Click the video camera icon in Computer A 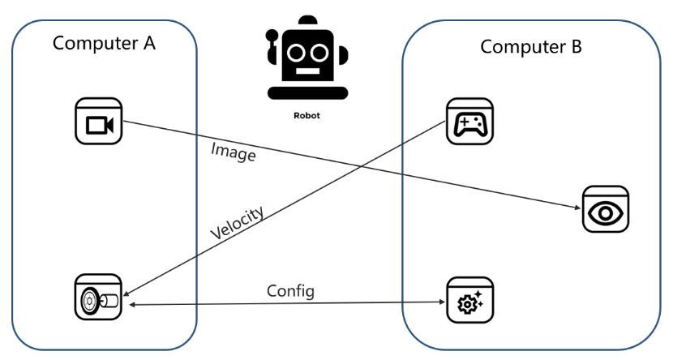tap(99, 121)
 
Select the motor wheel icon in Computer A tap(98, 297)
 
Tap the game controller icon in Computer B tap(470, 122)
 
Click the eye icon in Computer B tap(606, 209)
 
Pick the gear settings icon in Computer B tap(470, 300)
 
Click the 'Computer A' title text tap(104, 43)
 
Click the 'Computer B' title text tap(531, 47)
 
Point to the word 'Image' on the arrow tap(233, 152)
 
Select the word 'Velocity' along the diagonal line tap(237, 223)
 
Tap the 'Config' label tap(290, 291)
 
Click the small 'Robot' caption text tap(306, 115)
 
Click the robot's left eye tap(296, 53)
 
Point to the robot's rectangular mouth tap(308, 71)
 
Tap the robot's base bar tap(308, 93)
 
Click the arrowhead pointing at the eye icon tap(577, 208)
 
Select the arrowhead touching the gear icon tap(443, 302)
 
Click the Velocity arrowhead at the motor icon tap(126, 294)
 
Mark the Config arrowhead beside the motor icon tap(133, 305)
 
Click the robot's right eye tap(319, 53)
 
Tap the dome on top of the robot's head tap(308, 19)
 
